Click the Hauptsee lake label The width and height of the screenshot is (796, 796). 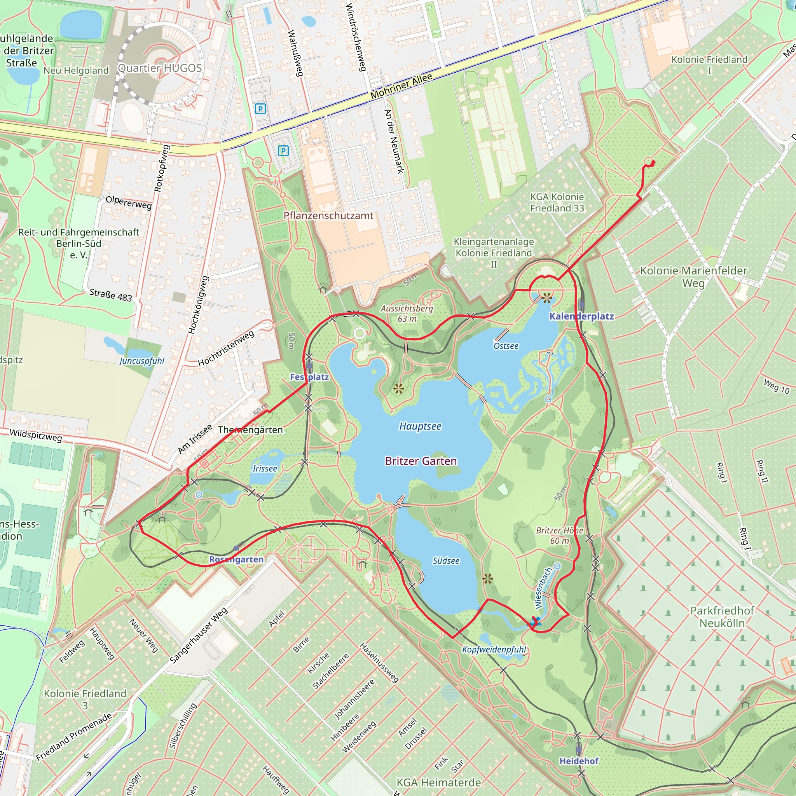(x=420, y=426)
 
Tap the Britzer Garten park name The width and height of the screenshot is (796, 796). (x=421, y=461)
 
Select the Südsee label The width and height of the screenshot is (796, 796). (x=446, y=561)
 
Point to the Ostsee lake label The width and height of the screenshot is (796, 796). (x=506, y=346)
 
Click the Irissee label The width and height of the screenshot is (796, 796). (x=265, y=468)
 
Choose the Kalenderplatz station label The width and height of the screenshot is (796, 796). (x=581, y=316)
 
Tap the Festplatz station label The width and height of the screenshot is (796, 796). (x=309, y=377)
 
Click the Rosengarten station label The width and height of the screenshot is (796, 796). (x=236, y=560)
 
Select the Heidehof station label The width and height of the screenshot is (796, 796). (x=578, y=761)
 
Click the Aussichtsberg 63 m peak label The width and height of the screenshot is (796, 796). (x=407, y=314)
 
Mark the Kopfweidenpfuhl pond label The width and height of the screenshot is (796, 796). (x=494, y=650)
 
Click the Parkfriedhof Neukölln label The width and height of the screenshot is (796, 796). (x=722, y=617)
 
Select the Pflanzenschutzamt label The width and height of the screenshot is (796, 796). (x=328, y=215)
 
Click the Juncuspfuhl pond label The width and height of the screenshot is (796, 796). (x=142, y=361)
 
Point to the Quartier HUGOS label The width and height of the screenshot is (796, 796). (x=160, y=68)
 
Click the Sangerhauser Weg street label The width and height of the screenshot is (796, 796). (x=199, y=636)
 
